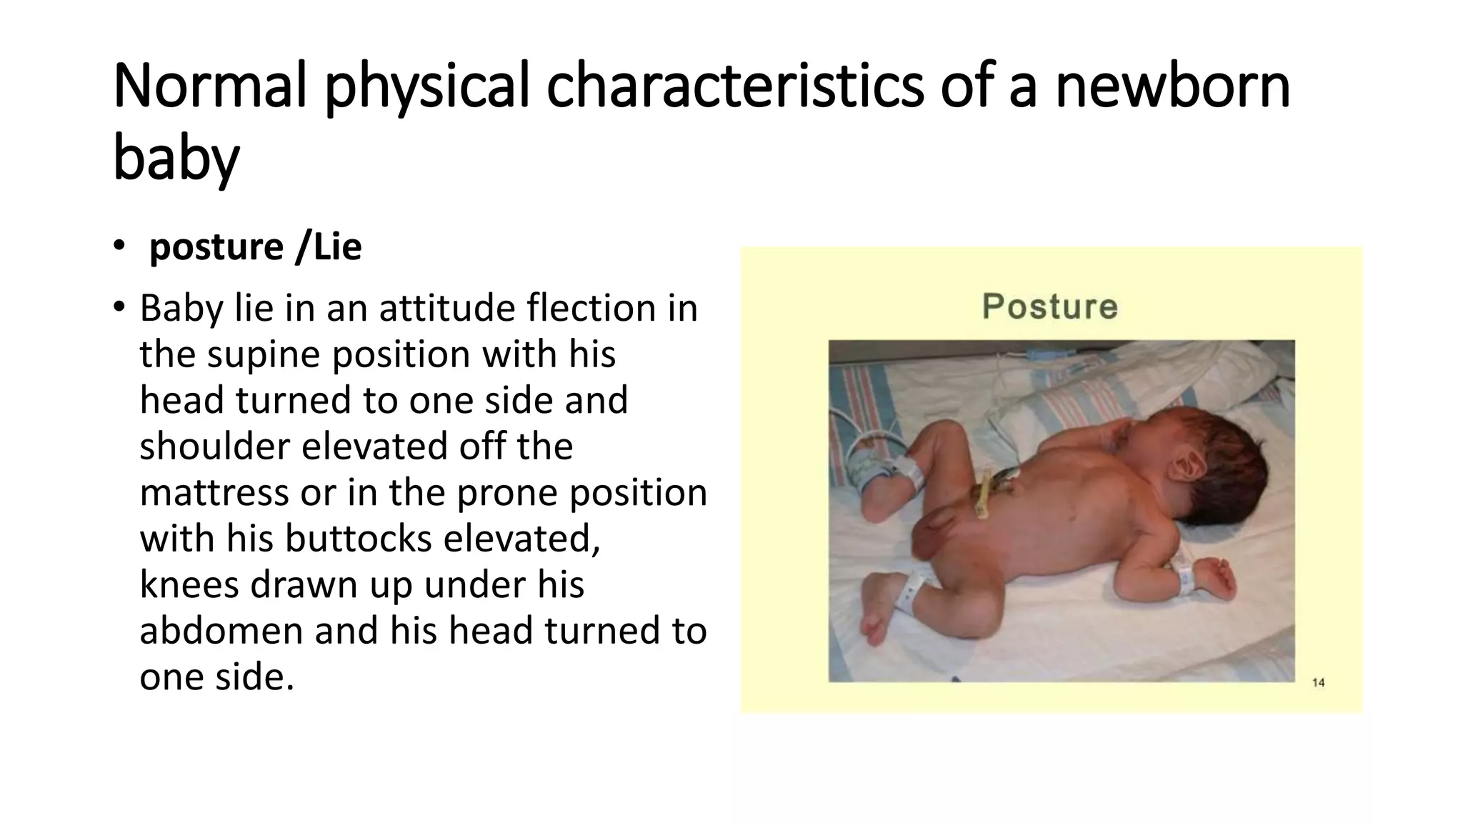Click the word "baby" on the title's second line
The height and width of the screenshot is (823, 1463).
pyautogui.click(x=176, y=159)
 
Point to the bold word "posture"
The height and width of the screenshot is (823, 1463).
pyautogui.click(x=216, y=247)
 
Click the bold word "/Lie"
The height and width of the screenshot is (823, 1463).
pyautogui.click(x=329, y=247)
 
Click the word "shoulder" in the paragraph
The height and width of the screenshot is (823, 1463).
pyautogui.click(x=215, y=447)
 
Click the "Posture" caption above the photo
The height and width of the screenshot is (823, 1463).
pyautogui.click(x=1049, y=306)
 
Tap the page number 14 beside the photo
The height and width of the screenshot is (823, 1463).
pyautogui.click(x=1318, y=682)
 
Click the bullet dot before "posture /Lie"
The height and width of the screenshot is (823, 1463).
pyautogui.click(x=118, y=246)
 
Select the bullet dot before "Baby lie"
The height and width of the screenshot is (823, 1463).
pyautogui.click(x=118, y=308)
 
